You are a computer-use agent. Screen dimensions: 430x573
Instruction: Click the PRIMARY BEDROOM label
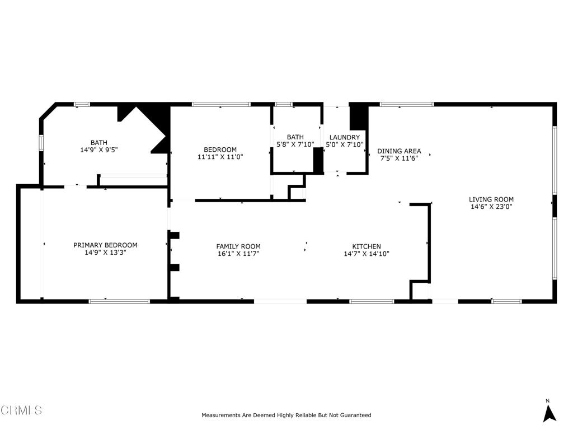pyautogui.click(x=105, y=245)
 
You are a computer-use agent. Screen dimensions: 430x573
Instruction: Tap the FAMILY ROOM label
pyautogui.click(x=238, y=246)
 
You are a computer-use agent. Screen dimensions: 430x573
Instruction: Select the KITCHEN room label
pyautogui.click(x=367, y=246)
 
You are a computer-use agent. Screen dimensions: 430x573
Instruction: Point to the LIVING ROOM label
pyautogui.click(x=491, y=199)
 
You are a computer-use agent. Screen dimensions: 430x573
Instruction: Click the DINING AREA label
pyautogui.click(x=398, y=151)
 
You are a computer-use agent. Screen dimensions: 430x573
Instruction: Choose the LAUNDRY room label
pyautogui.click(x=344, y=137)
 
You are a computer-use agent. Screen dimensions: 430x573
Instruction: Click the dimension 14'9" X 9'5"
pyautogui.click(x=99, y=150)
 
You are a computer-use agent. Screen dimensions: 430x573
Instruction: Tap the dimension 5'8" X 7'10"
pyautogui.click(x=295, y=144)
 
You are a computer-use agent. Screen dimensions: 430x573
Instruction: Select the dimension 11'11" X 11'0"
pyautogui.click(x=220, y=157)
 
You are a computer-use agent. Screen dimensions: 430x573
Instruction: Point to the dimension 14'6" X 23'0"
pyautogui.click(x=491, y=207)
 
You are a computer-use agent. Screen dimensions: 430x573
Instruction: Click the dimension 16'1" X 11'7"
pyautogui.click(x=238, y=254)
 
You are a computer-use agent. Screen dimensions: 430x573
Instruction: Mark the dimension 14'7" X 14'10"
pyautogui.click(x=367, y=254)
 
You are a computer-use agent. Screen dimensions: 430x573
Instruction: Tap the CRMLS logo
pyautogui.click(x=21, y=410)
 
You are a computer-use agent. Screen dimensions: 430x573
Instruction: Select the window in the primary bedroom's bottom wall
pyautogui.click(x=119, y=301)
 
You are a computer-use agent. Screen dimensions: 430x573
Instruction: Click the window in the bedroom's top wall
pyautogui.click(x=221, y=104)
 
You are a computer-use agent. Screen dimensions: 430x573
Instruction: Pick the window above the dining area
pyautogui.click(x=407, y=104)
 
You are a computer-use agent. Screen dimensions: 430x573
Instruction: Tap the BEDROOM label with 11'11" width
pyautogui.click(x=220, y=149)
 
